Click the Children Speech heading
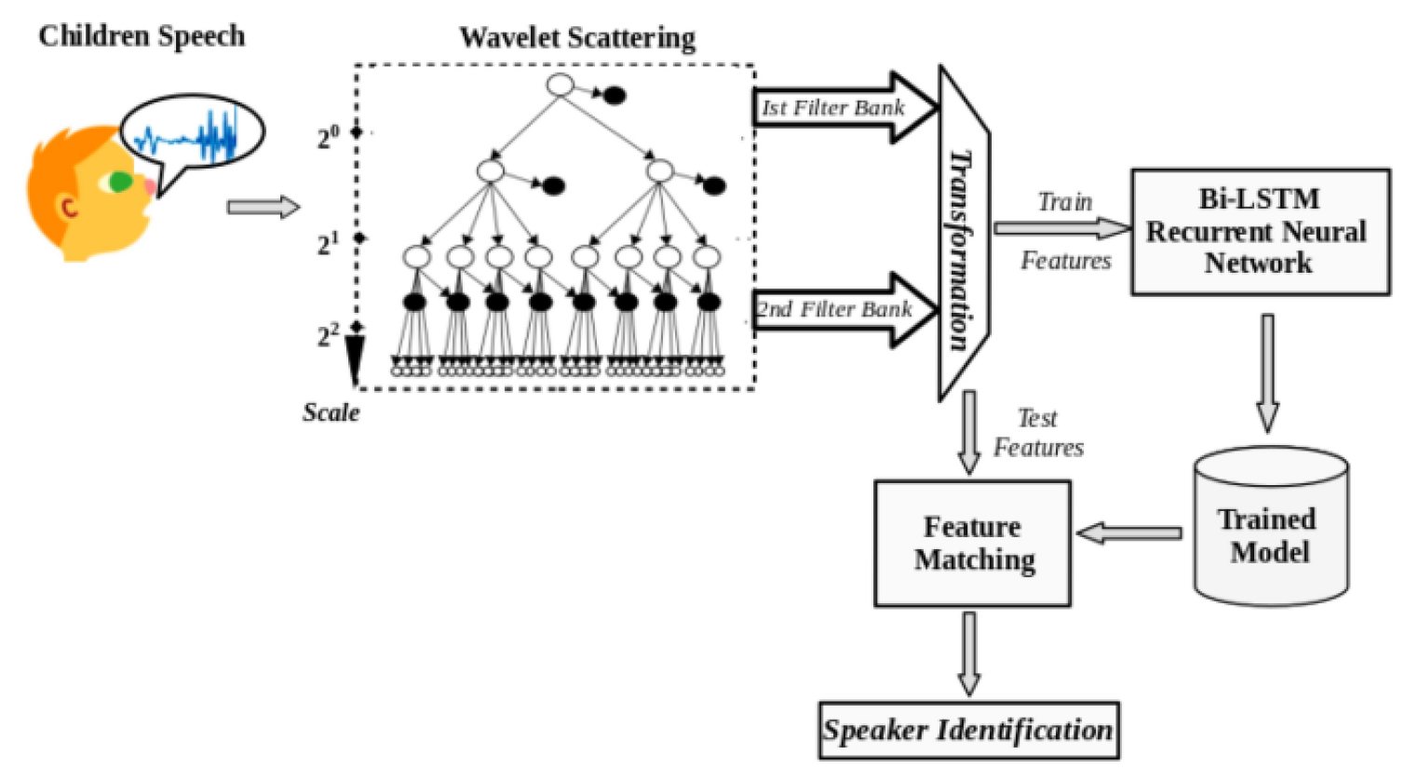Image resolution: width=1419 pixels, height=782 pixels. (142, 36)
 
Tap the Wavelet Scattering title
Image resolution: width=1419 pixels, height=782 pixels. (577, 38)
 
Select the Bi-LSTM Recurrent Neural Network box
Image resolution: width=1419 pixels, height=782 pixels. (1260, 232)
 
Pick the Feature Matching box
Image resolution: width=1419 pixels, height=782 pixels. (972, 544)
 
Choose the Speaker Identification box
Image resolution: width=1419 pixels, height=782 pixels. (968, 730)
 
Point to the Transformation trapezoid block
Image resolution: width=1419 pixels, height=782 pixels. (963, 233)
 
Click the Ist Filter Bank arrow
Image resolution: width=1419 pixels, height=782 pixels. (843, 108)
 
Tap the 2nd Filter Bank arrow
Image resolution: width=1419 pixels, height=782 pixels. (843, 310)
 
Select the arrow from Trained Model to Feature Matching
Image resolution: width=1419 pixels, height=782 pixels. (1129, 533)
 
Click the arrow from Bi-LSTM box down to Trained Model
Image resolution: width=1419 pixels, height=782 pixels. (1267, 372)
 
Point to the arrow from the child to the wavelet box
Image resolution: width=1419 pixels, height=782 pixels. (264, 207)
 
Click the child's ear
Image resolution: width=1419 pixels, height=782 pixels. (69, 207)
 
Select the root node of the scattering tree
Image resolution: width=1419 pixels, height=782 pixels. (560, 86)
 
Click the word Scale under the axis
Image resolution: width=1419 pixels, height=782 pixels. (331, 412)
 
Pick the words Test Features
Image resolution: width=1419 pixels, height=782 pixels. (1038, 433)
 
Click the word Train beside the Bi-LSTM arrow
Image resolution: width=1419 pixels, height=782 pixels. (1065, 202)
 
